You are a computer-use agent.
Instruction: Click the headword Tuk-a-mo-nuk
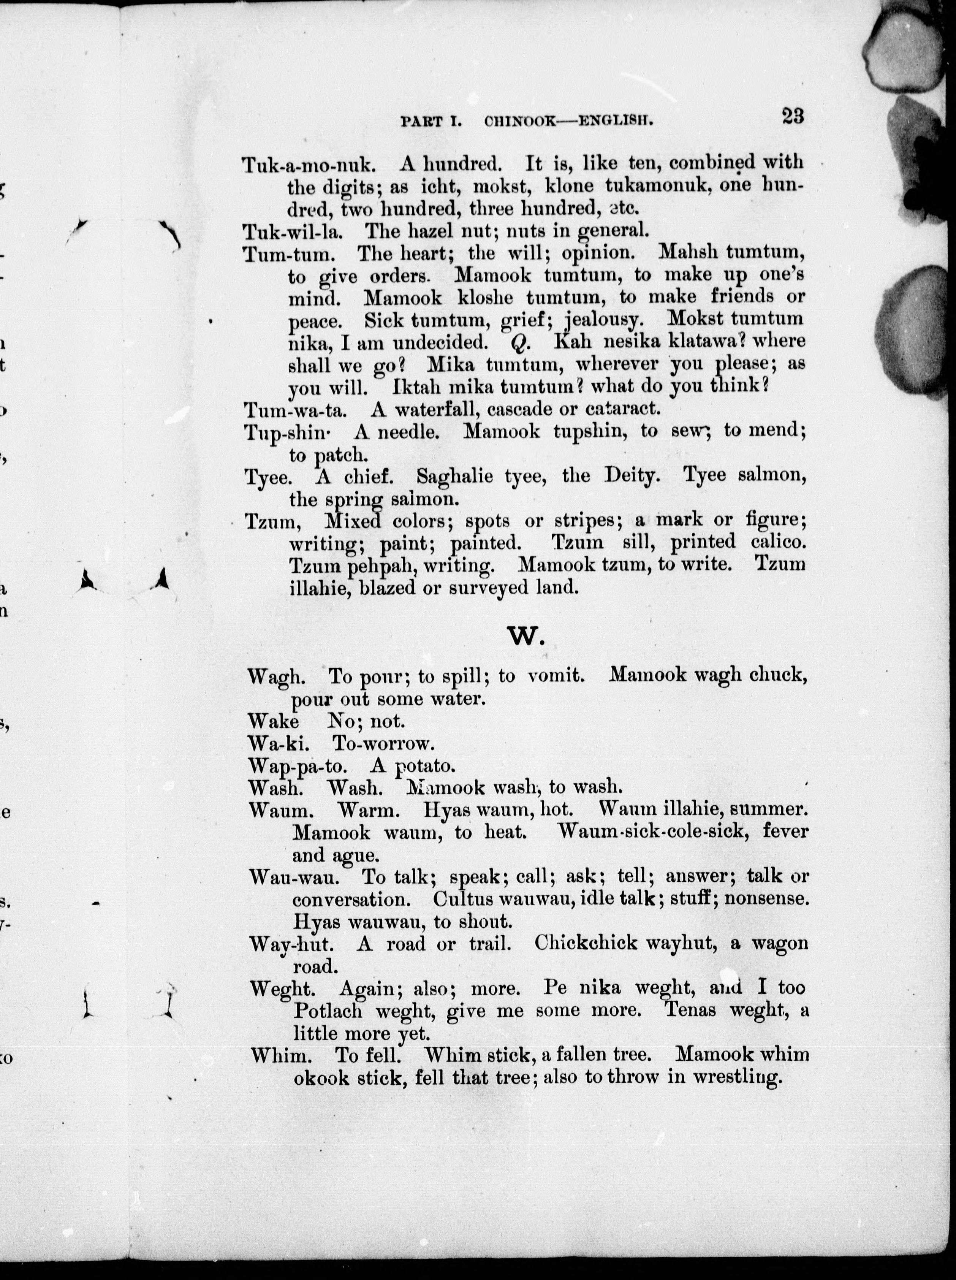(309, 165)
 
